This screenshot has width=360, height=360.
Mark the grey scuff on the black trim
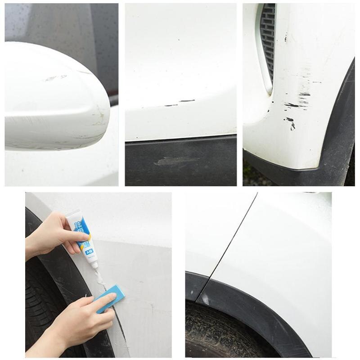(x=176, y=161)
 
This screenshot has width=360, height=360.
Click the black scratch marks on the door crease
(x=180, y=103)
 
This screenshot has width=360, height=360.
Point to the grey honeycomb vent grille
(x=269, y=45)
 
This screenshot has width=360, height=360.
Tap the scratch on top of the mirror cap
(x=56, y=78)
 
